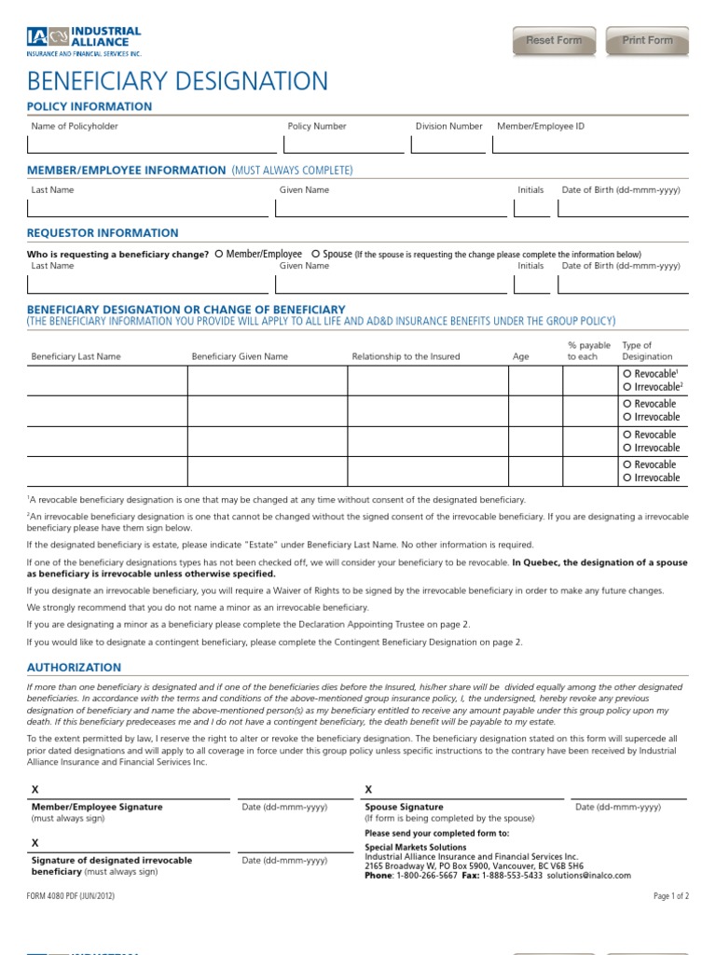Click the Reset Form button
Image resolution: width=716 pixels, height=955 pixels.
click(x=554, y=41)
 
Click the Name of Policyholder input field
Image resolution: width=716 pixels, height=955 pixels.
click(x=152, y=145)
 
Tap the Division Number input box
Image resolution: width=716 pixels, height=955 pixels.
click(x=448, y=145)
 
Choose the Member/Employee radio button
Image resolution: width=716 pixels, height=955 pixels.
click(x=219, y=254)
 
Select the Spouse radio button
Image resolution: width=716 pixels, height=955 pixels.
click(x=316, y=254)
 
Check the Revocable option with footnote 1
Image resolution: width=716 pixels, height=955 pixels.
click(x=626, y=373)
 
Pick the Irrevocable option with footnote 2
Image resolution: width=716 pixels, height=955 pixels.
click(x=626, y=387)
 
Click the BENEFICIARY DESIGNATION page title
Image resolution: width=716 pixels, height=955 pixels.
click(x=177, y=81)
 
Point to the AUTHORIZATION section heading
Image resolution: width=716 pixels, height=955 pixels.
click(x=74, y=668)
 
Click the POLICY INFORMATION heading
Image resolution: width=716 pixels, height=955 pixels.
click(x=89, y=106)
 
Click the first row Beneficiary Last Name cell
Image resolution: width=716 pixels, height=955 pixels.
click(x=106, y=381)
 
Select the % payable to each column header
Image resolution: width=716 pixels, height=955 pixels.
click(x=589, y=351)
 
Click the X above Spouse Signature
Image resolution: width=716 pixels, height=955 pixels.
click(x=368, y=790)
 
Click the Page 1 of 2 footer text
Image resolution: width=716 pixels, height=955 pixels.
click(x=671, y=895)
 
